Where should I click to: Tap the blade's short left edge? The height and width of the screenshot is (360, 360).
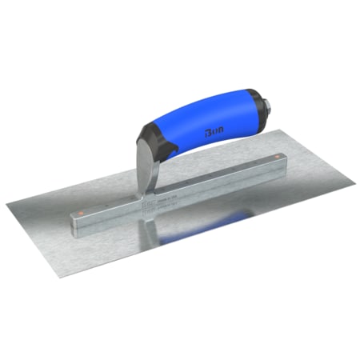click(32, 241)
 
